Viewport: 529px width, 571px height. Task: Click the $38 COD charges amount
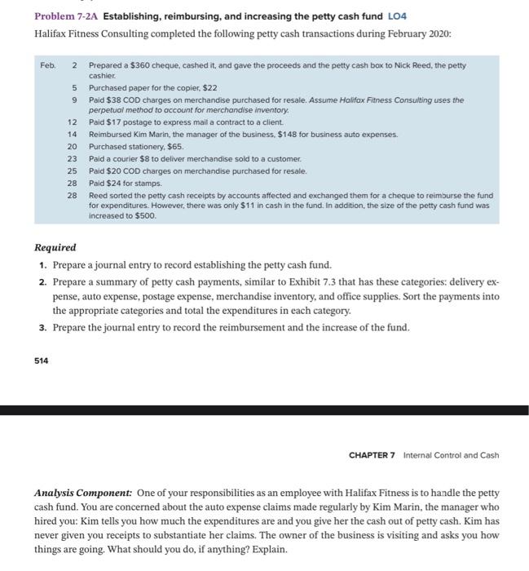click(121, 100)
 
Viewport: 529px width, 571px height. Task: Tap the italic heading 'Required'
click(55, 247)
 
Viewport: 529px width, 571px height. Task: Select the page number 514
click(41, 360)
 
